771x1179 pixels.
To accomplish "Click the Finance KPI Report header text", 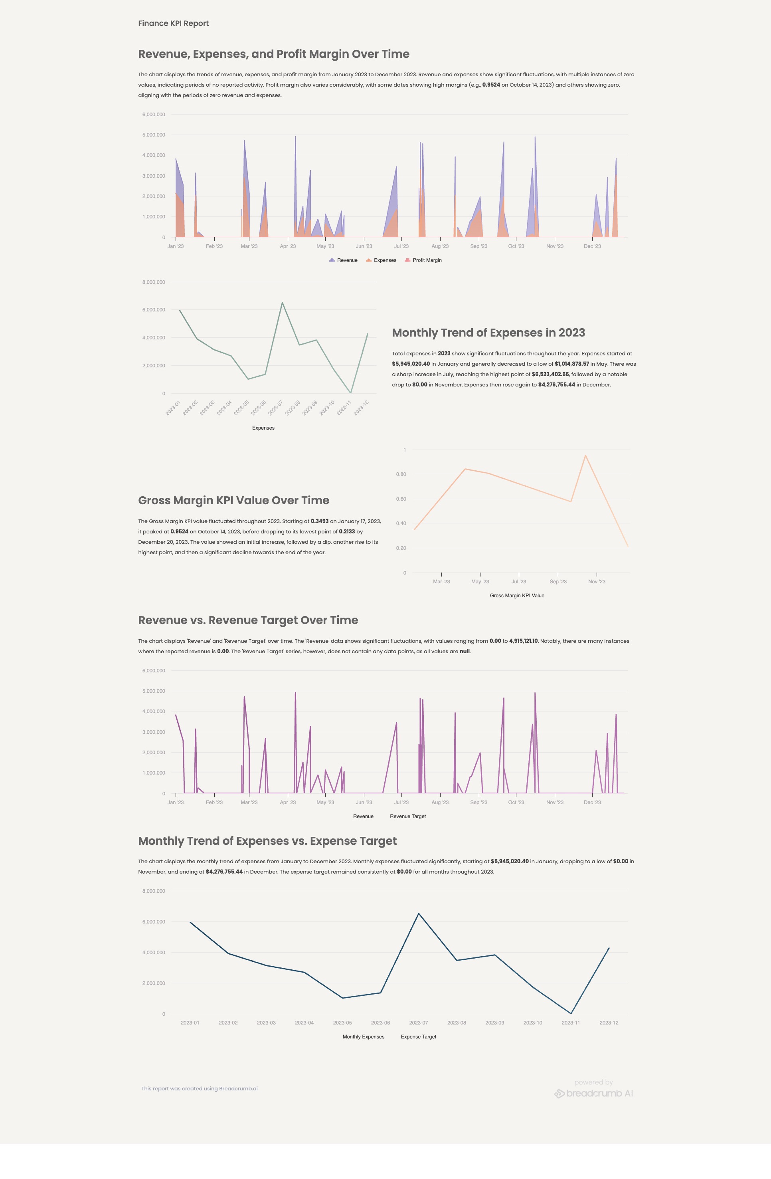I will pyautogui.click(x=173, y=23).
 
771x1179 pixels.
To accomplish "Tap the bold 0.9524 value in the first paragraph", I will pyautogui.click(x=491, y=85).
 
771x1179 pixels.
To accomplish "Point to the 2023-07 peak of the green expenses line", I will pyautogui.click(x=282, y=302).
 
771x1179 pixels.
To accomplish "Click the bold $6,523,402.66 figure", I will pyautogui.click(x=550, y=374).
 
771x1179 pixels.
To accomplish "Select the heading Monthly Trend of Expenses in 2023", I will pyautogui.click(x=488, y=333).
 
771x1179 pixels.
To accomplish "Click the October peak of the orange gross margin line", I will pyautogui.click(x=585, y=455).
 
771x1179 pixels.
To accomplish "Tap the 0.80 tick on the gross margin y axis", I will pyautogui.click(x=401, y=474).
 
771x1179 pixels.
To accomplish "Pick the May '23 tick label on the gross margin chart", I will pyautogui.click(x=479, y=582).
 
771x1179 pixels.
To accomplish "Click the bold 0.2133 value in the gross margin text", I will pyautogui.click(x=347, y=531).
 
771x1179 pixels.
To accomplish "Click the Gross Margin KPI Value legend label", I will pyautogui.click(x=516, y=595).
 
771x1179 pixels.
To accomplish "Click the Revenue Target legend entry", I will pyautogui.click(x=407, y=816).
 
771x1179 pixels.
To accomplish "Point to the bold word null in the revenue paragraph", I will pyautogui.click(x=465, y=652).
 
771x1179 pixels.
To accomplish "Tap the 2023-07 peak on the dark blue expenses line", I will pyautogui.click(x=419, y=913).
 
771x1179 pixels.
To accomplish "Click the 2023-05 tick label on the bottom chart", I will pyautogui.click(x=342, y=1022).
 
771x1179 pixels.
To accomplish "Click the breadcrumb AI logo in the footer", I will pyautogui.click(x=593, y=1093).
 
